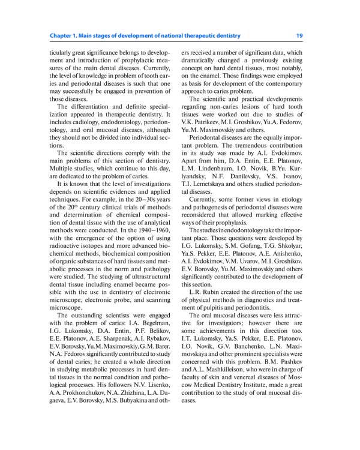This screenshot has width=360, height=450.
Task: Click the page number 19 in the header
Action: click(x=299, y=36)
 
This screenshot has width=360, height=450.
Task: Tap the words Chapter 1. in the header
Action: click(x=64, y=36)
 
